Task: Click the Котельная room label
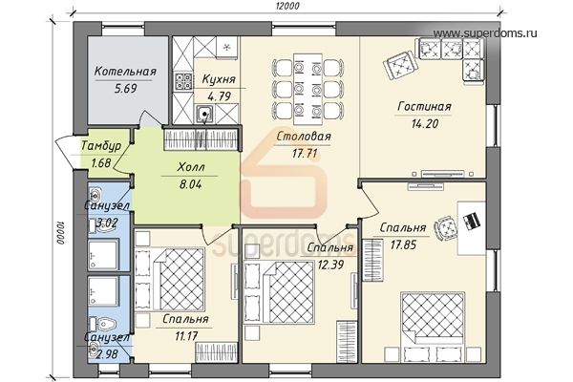click(x=125, y=72)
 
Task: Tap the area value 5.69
click(x=125, y=89)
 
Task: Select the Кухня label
click(x=219, y=79)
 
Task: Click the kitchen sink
click(x=204, y=114)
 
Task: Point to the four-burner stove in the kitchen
click(x=183, y=81)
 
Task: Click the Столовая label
click(x=304, y=137)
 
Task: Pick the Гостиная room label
click(x=424, y=107)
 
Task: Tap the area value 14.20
click(x=425, y=124)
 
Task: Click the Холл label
click(x=191, y=167)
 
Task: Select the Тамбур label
click(x=101, y=146)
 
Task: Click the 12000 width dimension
click(x=288, y=6)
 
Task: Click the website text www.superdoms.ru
click(x=485, y=33)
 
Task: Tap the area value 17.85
click(x=403, y=244)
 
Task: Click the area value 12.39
click(x=330, y=265)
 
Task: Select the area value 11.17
click(x=186, y=336)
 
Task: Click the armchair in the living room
click(x=401, y=66)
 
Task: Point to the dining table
click(x=308, y=89)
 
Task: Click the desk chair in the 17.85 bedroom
click(x=446, y=227)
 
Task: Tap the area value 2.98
click(x=106, y=354)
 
